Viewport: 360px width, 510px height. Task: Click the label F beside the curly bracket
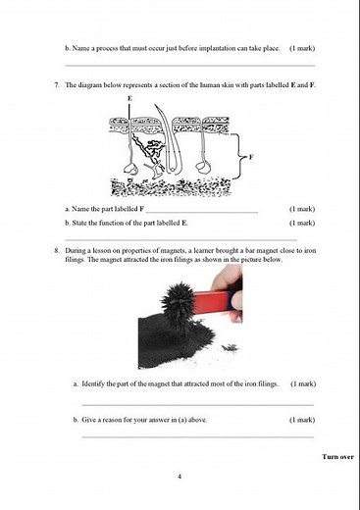click(x=252, y=155)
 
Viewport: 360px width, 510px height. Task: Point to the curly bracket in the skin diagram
click(x=241, y=155)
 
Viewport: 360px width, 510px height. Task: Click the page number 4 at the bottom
click(x=180, y=476)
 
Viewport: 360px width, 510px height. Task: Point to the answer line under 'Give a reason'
click(x=197, y=437)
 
